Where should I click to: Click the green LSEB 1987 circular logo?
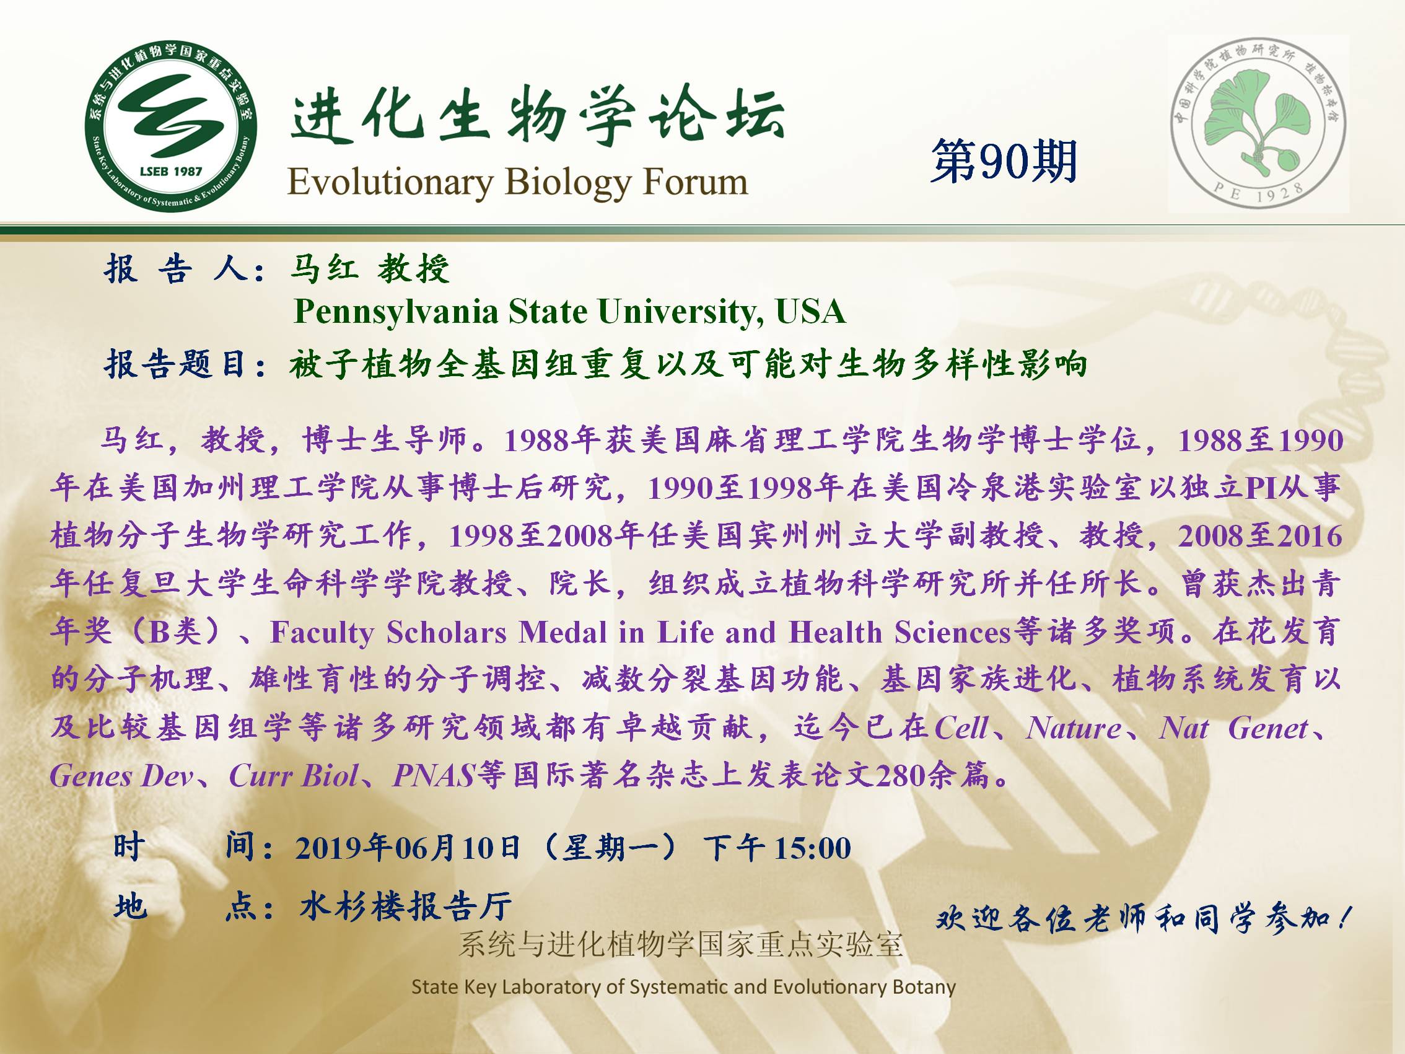click(x=171, y=128)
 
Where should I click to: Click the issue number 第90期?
click(x=1004, y=161)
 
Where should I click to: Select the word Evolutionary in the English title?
click(x=391, y=183)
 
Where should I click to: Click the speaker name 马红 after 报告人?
click(x=323, y=268)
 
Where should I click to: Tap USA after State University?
click(x=810, y=311)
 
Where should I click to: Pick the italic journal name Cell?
click(x=961, y=727)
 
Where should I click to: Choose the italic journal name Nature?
click(x=1074, y=727)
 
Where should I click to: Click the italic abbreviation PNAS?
click(x=434, y=775)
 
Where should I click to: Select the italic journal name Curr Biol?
click(x=294, y=775)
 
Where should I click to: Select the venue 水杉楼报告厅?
click(x=405, y=906)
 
